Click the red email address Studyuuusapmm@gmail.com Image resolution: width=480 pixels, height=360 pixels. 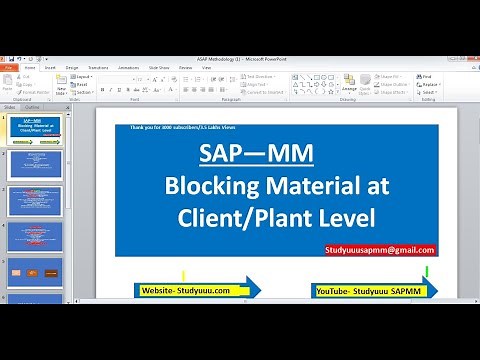(x=380, y=250)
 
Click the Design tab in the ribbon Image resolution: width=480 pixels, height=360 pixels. (x=72, y=67)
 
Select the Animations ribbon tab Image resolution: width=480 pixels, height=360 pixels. (x=129, y=67)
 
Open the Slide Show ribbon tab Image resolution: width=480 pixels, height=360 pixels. (x=158, y=67)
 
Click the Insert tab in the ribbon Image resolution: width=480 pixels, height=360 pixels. (x=50, y=67)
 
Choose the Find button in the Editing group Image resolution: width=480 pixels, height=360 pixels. (x=427, y=76)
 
